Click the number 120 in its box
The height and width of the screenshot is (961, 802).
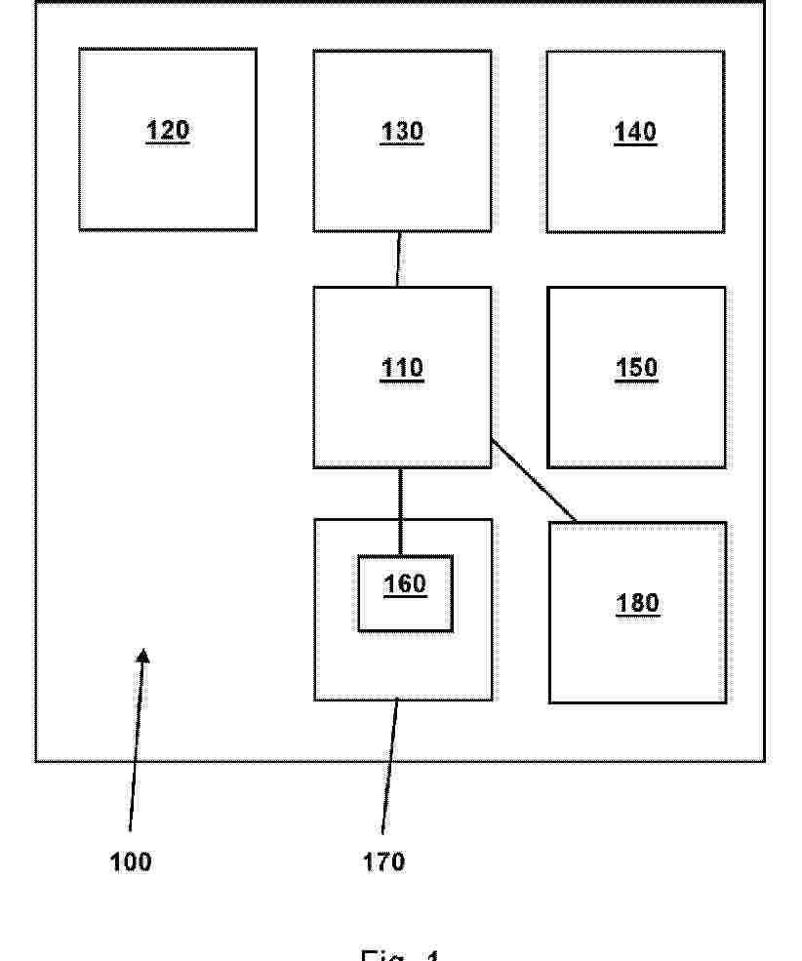click(167, 131)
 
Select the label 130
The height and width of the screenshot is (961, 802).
click(401, 132)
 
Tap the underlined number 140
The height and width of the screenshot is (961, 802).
click(635, 132)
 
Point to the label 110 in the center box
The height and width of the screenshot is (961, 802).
click(401, 368)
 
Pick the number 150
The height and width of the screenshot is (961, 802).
click(636, 368)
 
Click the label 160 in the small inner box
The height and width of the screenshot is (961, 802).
click(404, 583)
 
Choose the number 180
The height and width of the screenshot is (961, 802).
click(637, 604)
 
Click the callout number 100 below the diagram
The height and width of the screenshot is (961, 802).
click(131, 861)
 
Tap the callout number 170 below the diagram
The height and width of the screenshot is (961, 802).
click(383, 861)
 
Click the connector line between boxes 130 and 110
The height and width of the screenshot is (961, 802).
click(398, 259)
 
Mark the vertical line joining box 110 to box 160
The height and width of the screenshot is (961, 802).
click(400, 511)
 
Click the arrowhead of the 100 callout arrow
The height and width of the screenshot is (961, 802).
click(143, 659)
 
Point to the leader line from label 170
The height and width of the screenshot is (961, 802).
click(389, 771)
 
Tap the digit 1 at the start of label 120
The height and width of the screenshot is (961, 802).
click(152, 131)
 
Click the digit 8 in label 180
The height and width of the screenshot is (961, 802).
click(637, 604)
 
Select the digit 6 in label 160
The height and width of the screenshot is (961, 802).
click(404, 583)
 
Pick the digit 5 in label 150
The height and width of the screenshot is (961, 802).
click(636, 368)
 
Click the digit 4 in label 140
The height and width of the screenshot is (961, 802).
click(635, 132)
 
